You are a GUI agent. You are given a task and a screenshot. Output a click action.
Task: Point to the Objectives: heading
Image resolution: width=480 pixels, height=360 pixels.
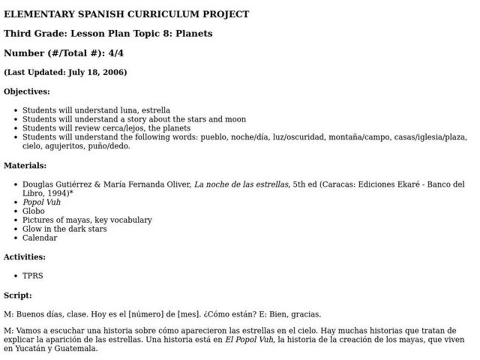coord(27,92)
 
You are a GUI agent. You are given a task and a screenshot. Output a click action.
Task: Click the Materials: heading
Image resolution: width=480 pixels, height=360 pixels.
coord(25,165)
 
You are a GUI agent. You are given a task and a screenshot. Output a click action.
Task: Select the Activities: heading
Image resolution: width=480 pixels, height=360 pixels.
coord(25,257)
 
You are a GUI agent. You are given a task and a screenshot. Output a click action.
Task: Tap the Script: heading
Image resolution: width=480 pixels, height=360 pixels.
coord(18,295)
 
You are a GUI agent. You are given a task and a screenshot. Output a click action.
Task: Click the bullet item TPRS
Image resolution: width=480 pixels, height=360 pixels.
coord(33,276)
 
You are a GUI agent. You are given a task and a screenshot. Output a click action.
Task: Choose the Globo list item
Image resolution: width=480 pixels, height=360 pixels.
coord(34,211)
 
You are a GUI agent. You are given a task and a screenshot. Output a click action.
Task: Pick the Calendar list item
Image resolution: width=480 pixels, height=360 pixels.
coord(40,238)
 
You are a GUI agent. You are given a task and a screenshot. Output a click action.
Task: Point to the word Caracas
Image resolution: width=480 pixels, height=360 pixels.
coord(343,184)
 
